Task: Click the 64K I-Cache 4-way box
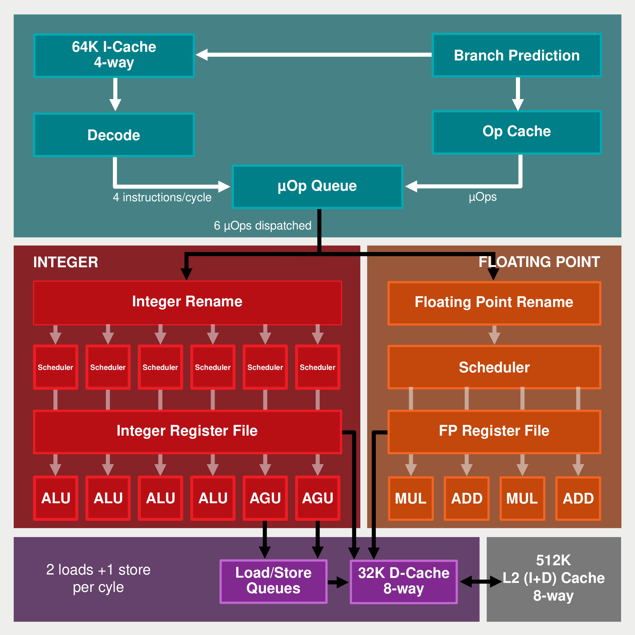pyautogui.click(x=114, y=56)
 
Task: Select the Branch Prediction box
pyautogui.click(x=517, y=55)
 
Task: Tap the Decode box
pyautogui.click(x=114, y=135)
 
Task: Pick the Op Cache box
pyautogui.click(x=517, y=132)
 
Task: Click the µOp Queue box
pyautogui.click(x=317, y=187)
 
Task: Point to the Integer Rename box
pyautogui.click(x=188, y=303)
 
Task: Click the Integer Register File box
pyautogui.click(x=188, y=432)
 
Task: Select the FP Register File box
pyautogui.click(x=494, y=432)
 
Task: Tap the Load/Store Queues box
pyautogui.click(x=273, y=581)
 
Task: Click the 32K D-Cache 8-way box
pyautogui.click(x=404, y=582)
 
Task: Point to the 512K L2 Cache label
pyautogui.click(x=554, y=578)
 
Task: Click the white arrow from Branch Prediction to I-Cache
pyautogui.click(x=314, y=55)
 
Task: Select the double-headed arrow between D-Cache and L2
pyautogui.click(x=481, y=582)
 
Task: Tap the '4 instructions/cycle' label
pyautogui.click(x=162, y=197)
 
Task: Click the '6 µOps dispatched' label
pyautogui.click(x=263, y=225)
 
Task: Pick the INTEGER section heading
pyautogui.click(x=66, y=262)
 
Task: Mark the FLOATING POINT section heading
pyautogui.click(x=540, y=262)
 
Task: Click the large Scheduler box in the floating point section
pyautogui.click(x=494, y=367)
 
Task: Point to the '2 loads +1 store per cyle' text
pyautogui.click(x=98, y=579)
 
